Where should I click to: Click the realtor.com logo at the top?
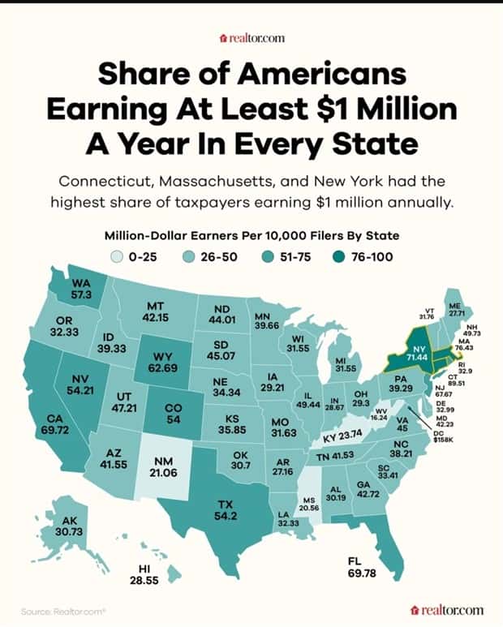point(251,37)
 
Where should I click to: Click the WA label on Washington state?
point(81,283)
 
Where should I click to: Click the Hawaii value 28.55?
point(152,582)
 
